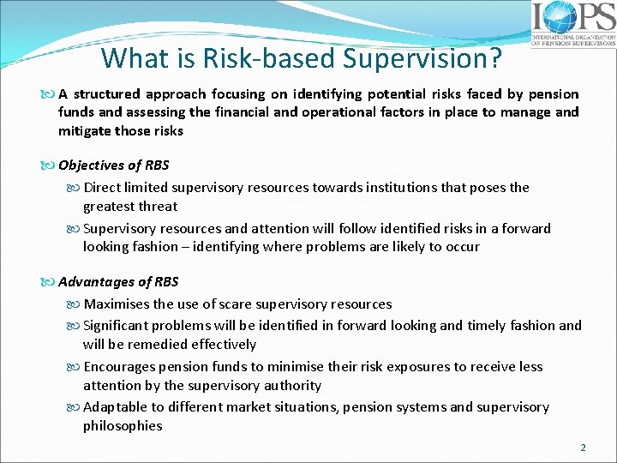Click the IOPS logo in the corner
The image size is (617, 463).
pos(572,23)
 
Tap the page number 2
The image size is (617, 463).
pos(583,447)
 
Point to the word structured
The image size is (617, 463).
pos(108,93)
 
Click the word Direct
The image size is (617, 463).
pos(105,187)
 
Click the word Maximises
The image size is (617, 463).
pos(117,304)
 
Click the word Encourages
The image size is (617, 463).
pos(120,366)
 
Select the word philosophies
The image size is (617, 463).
pos(123,425)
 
